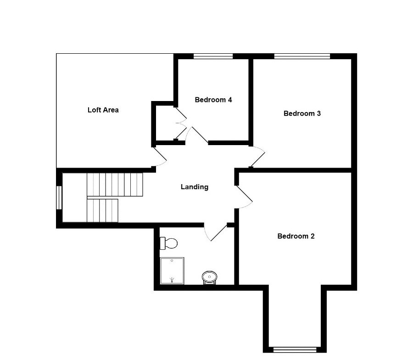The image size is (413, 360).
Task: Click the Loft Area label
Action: click(103, 110)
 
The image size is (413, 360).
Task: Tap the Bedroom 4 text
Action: click(213, 100)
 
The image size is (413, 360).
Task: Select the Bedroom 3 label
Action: click(301, 113)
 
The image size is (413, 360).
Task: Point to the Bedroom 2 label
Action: click(296, 236)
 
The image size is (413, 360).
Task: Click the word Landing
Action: click(194, 187)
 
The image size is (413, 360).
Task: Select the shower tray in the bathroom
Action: click(172, 271)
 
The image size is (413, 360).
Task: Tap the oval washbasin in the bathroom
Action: click(210, 277)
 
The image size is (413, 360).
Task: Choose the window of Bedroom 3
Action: click(302, 56)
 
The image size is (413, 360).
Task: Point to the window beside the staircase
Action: click(59, 197)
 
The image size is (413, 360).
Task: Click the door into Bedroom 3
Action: click(257, 156)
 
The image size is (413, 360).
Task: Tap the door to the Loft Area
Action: click(159, 157)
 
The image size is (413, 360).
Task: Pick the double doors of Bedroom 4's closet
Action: click(180, 123)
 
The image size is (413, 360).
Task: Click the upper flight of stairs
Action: click(115, 184)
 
